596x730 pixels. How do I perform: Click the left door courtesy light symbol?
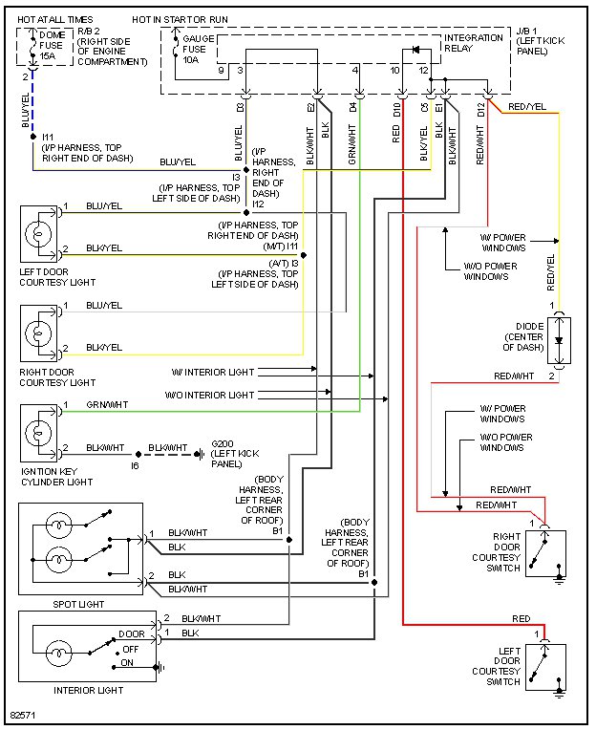[x=40, y=232]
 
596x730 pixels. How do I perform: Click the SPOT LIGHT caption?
[x=79, y=604]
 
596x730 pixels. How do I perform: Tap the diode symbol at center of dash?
[x=560, y=339]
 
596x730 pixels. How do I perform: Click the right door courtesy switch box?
[x=545, y=555]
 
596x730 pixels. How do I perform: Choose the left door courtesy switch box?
[x=545, y=666]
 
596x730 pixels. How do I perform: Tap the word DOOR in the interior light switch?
[x=131, y=634]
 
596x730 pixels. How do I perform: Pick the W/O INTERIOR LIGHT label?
[x=209, y=395]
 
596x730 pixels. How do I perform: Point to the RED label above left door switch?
[x=521, y=619]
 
